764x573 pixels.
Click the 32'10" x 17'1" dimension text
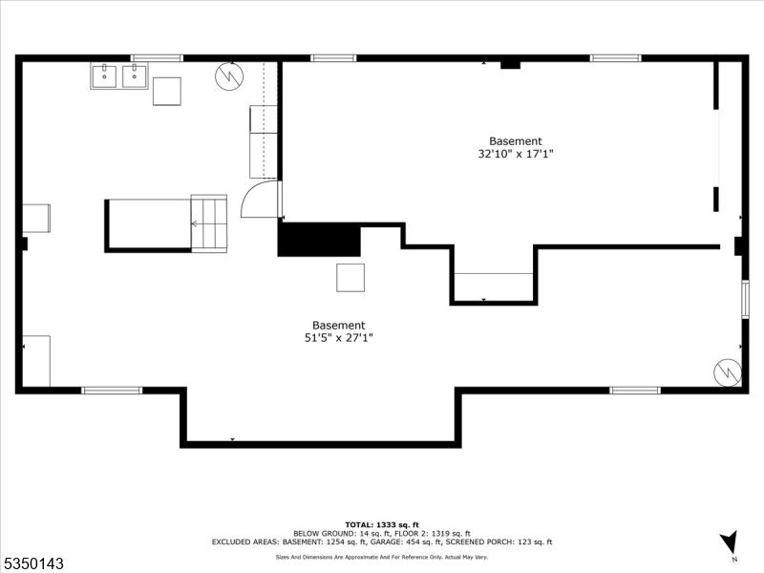pos(516,154)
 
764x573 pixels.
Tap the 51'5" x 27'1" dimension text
pos(339,338)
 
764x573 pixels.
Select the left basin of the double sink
pos(104,76)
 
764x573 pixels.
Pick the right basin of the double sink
pos(134,76)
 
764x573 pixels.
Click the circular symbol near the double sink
pos(229,76)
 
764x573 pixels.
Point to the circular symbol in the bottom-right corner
pos(728,372)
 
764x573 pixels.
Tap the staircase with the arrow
pos(209,223)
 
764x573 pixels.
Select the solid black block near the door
pos(319,240)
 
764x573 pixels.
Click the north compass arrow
pos(729,541)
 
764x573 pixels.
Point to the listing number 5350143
pos(32,563)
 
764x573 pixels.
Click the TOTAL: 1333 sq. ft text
pos(382,524)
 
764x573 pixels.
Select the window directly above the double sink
pos(157,58)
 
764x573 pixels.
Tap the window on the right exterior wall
pos(745,299)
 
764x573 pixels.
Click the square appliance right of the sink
pos(167,91)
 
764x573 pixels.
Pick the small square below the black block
pos(350,278)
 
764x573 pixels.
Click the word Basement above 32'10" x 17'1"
pos(516,141)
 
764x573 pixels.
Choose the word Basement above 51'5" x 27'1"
pos(339,325)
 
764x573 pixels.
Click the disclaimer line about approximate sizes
pos(382,557)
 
